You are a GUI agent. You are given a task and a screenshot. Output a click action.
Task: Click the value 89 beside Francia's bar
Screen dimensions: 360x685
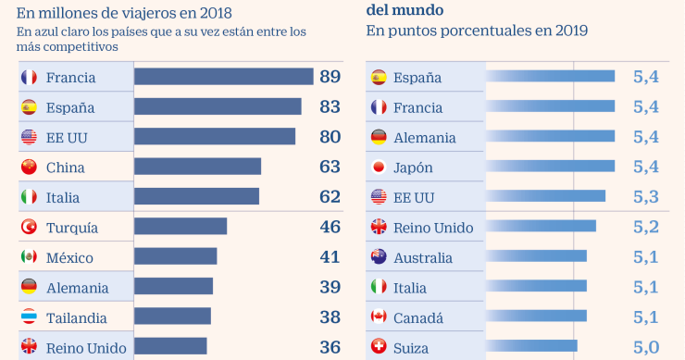(330, 77)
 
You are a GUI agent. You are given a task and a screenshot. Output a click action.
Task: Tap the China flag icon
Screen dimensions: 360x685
(29, 168)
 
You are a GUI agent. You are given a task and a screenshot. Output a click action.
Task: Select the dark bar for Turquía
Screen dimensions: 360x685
(181, 227)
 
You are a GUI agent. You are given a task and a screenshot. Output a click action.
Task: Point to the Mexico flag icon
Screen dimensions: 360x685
(29, 257)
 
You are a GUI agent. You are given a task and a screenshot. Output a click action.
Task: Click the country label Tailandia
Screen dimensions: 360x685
(77, 317)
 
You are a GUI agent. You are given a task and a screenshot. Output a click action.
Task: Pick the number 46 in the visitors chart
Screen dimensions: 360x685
(330, 227)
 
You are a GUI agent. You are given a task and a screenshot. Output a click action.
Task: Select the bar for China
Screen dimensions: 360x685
(197, 167)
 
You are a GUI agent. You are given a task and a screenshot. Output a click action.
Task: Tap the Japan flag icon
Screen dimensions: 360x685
(378, 168)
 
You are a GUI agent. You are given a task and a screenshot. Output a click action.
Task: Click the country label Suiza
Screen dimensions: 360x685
(412, 347)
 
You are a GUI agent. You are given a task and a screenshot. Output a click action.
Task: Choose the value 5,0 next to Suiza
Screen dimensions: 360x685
(645, 347)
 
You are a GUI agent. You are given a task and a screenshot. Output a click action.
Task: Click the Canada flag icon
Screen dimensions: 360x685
(378, 317)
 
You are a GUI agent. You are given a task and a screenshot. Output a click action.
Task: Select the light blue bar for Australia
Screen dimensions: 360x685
(536, 257)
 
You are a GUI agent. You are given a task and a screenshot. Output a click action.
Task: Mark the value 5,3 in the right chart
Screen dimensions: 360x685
(645, 197)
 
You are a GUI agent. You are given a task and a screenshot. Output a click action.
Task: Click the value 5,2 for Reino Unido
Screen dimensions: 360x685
(645, 227)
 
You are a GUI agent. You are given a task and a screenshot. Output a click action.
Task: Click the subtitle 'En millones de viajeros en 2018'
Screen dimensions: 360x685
(124, 13)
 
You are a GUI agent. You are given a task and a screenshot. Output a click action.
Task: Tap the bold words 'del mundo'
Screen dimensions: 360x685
(405, 8)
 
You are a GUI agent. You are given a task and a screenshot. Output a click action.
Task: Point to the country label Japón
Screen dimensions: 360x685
(413, 168)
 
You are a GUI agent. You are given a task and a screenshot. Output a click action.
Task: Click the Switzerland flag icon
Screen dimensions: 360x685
(378, 347)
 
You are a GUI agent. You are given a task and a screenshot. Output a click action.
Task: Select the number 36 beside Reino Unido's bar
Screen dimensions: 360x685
(330, 347)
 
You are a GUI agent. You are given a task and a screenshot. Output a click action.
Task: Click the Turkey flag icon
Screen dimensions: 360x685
(29, 227)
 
